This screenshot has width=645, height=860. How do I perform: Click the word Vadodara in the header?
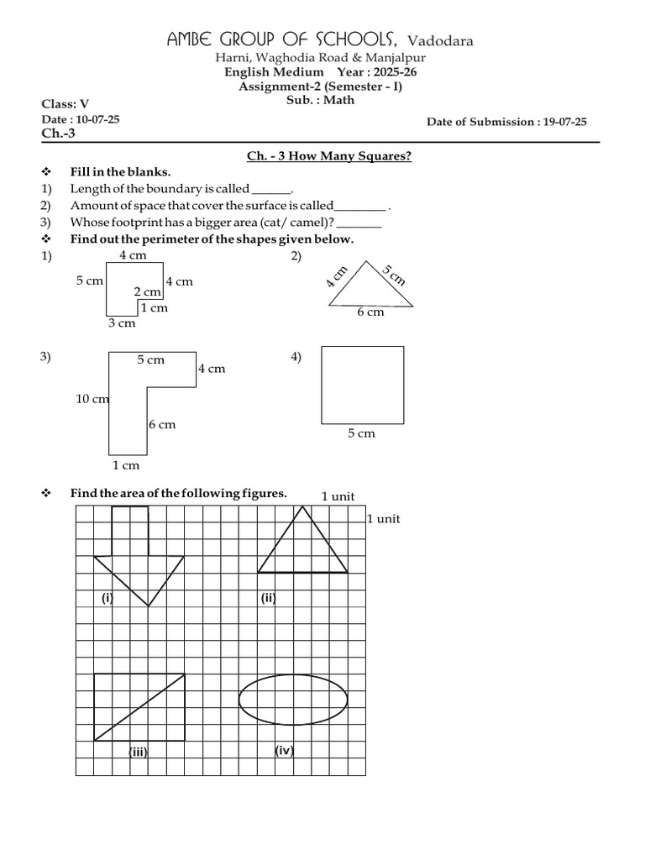[440, 41]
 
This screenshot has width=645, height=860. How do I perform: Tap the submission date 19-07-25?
[564, 122]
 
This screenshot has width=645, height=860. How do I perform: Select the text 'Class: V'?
[65, 104]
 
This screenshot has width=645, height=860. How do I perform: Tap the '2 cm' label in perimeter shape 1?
[147, 291]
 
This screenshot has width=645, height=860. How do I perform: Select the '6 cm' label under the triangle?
[370, 312]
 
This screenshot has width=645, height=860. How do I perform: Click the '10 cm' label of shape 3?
[92, 399]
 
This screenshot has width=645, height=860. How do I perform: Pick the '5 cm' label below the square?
[361, 433]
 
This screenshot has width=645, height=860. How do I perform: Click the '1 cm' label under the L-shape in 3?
[125, 465]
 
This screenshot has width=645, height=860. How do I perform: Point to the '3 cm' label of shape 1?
[121, 322]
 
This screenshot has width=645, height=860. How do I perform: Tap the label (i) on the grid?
[107, 598]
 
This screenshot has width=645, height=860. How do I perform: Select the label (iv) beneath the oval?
[284, 751]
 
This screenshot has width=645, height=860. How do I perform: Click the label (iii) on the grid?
[138, 752]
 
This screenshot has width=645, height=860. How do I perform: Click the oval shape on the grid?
[293, 698]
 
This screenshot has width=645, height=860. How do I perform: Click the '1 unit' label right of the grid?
[383, 519]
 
